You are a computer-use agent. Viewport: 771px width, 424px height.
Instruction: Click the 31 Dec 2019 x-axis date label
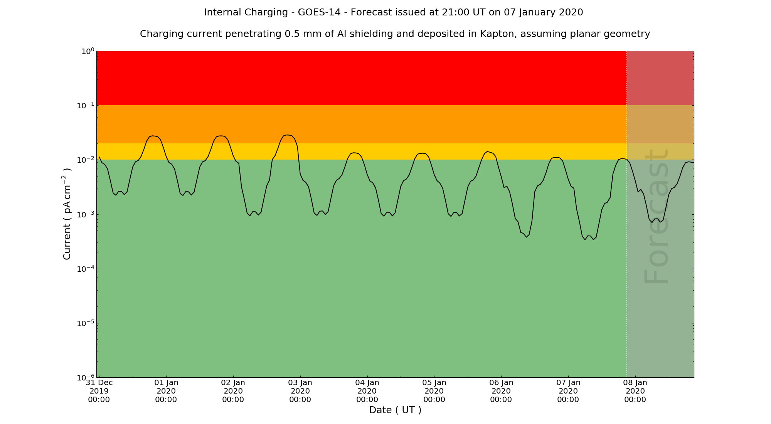click(x=99, y=391)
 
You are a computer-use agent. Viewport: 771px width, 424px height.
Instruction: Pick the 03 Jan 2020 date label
click(x=300, y=391)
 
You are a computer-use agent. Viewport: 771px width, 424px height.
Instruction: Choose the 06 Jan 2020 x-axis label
click(x=501, y=391)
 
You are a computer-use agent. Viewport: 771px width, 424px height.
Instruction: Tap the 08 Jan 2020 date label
click(x=635, y=391)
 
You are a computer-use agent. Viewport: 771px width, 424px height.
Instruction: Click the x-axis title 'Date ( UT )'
click(x=395, y=410)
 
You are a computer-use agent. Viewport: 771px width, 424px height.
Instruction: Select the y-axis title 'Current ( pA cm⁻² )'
click(x=67, y=214)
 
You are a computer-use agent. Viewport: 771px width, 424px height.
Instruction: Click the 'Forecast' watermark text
click(x=655, y=216)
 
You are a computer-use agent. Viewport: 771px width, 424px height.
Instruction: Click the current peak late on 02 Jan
click(x=288, y=135)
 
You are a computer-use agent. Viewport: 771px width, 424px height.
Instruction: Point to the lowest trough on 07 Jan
click(x=585, y=240)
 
